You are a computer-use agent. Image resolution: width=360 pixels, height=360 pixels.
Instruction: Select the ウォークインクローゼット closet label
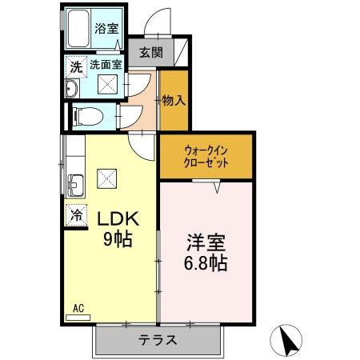coord(206,155)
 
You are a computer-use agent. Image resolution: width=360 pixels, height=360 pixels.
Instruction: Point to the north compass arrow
coord(289,342)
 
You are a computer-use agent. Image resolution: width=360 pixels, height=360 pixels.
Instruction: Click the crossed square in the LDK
coord(106,178)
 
